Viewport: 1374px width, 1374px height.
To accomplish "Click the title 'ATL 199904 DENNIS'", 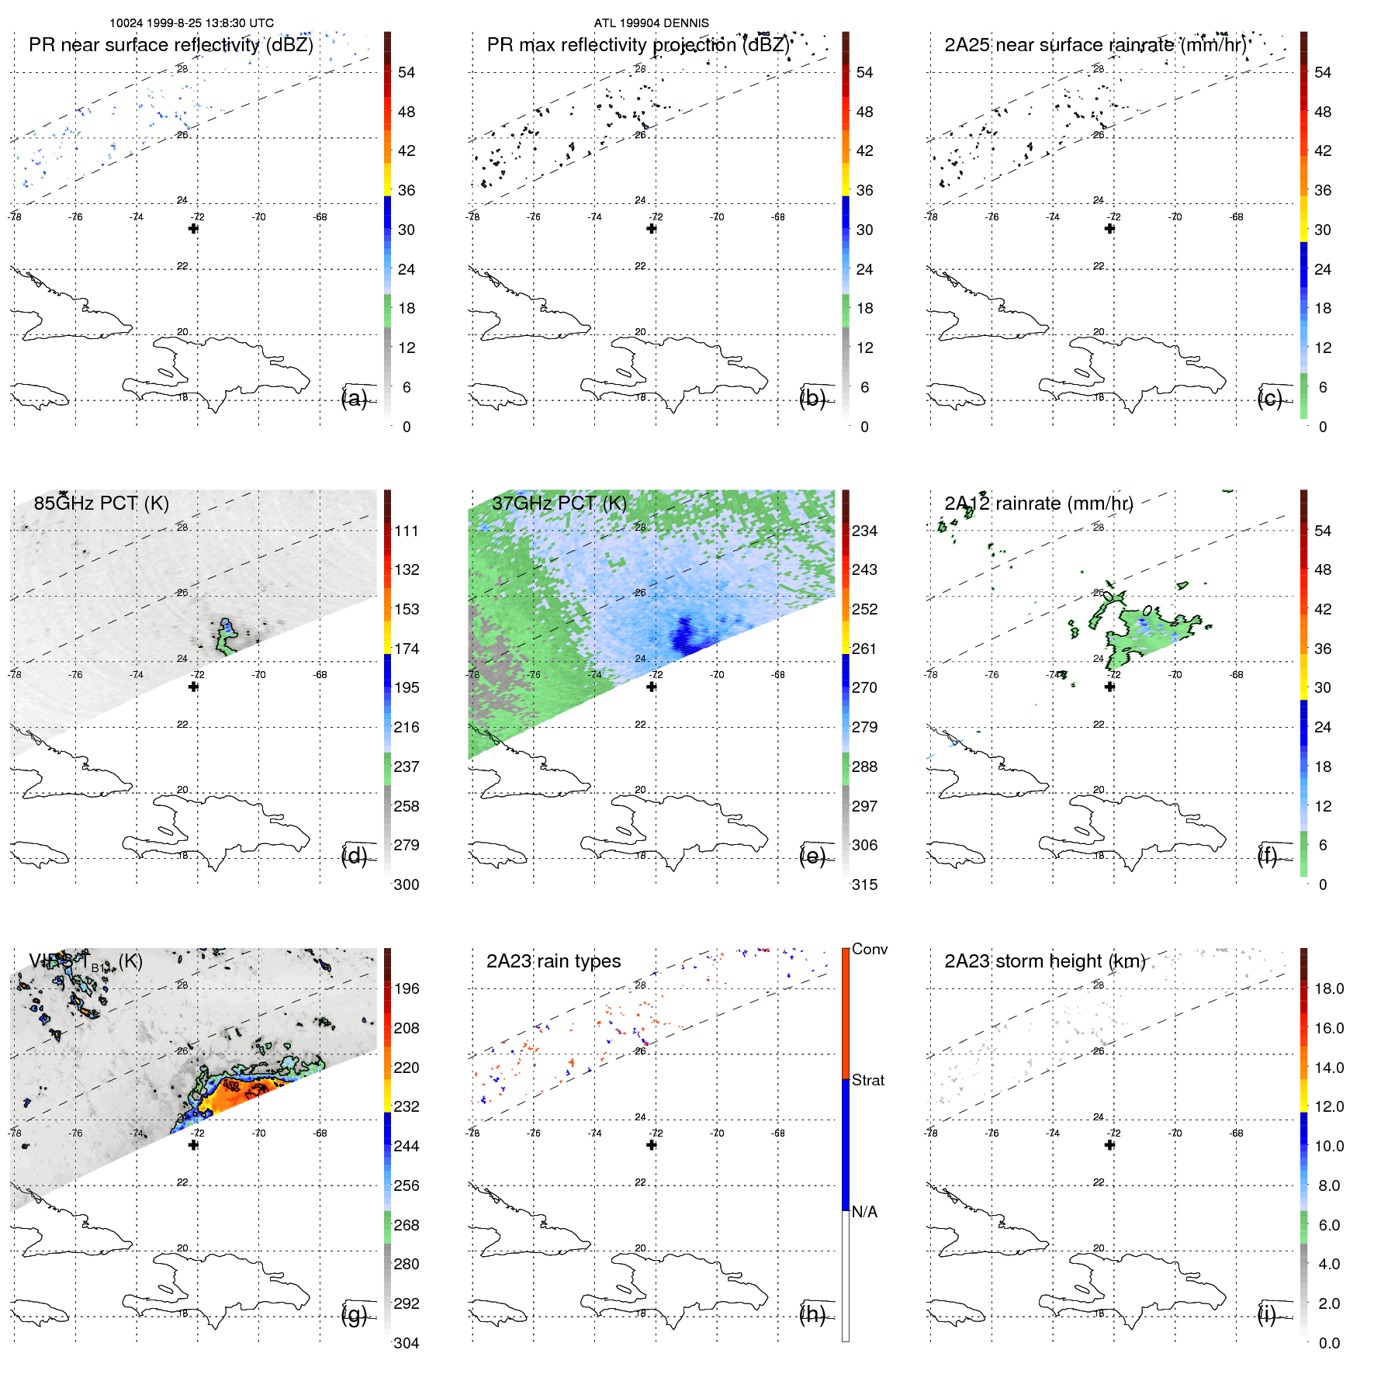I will tap(651, 23).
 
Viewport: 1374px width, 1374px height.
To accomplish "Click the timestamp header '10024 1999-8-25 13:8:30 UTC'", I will tap(192, 23).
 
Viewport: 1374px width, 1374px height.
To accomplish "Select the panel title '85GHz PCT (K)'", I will tap(101, 504).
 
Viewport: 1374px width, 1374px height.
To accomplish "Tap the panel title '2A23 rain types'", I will tap(553, 961).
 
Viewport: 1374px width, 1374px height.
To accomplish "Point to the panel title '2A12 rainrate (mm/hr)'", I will tap(1038, 504).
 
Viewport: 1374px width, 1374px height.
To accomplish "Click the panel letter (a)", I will tap(354, 399).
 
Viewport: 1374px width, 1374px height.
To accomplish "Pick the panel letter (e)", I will tap(812, 857).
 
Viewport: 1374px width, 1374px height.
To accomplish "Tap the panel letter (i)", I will tap(1266, 1314).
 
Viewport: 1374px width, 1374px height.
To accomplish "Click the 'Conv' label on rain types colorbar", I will tap(869, 949).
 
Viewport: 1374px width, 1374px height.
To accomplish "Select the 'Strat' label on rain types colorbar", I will tap(867, 1080).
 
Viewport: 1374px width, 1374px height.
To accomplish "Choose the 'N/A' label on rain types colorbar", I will tap(864, 1212).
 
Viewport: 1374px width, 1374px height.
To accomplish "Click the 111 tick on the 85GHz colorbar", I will tap(407, 531).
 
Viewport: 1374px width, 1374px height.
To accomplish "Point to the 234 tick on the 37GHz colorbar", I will tap(864, 531).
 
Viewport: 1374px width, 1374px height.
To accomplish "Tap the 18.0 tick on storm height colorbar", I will tap(1328, 988).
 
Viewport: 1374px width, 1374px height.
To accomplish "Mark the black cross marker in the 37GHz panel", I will tap(652, 687).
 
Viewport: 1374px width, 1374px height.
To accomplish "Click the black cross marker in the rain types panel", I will tap(652, 1145).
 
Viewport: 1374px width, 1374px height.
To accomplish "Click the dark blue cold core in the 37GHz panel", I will tap(686, 635).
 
